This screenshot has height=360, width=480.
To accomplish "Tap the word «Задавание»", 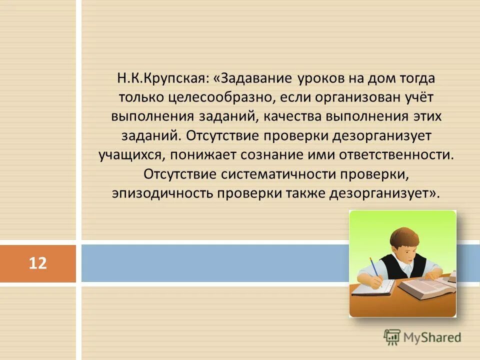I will pyautogui.click(x=254, y=79).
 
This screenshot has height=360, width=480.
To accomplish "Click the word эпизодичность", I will pyautogui.click(x=162, y=192).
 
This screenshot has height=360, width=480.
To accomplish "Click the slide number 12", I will pyautogui.click(x=37, y=262).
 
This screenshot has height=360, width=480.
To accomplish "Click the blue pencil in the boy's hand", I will pyautogui.click(x=374, y=267).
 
